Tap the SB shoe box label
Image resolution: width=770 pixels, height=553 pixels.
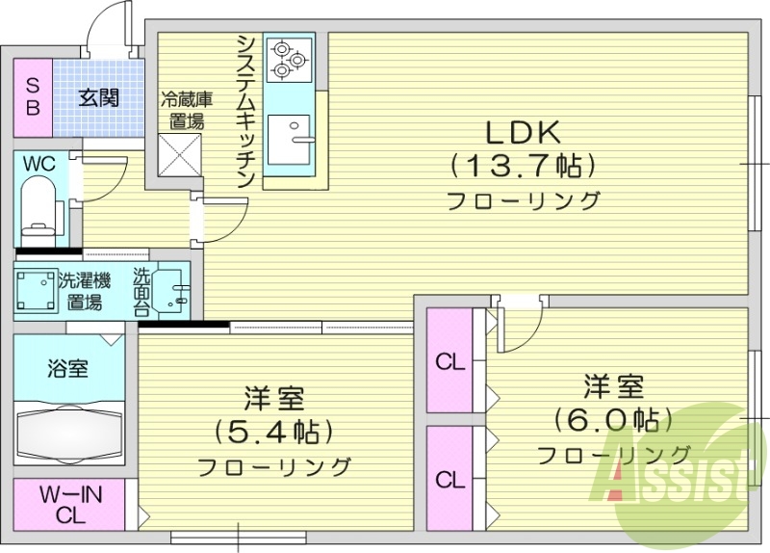coord(32,95)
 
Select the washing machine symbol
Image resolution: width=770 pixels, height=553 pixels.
coord(36,290)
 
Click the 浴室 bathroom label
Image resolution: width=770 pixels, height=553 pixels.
coord(67,368)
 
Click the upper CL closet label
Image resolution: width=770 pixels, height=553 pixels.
coord(449,362)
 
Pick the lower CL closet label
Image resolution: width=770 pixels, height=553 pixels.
coord(449,479)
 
